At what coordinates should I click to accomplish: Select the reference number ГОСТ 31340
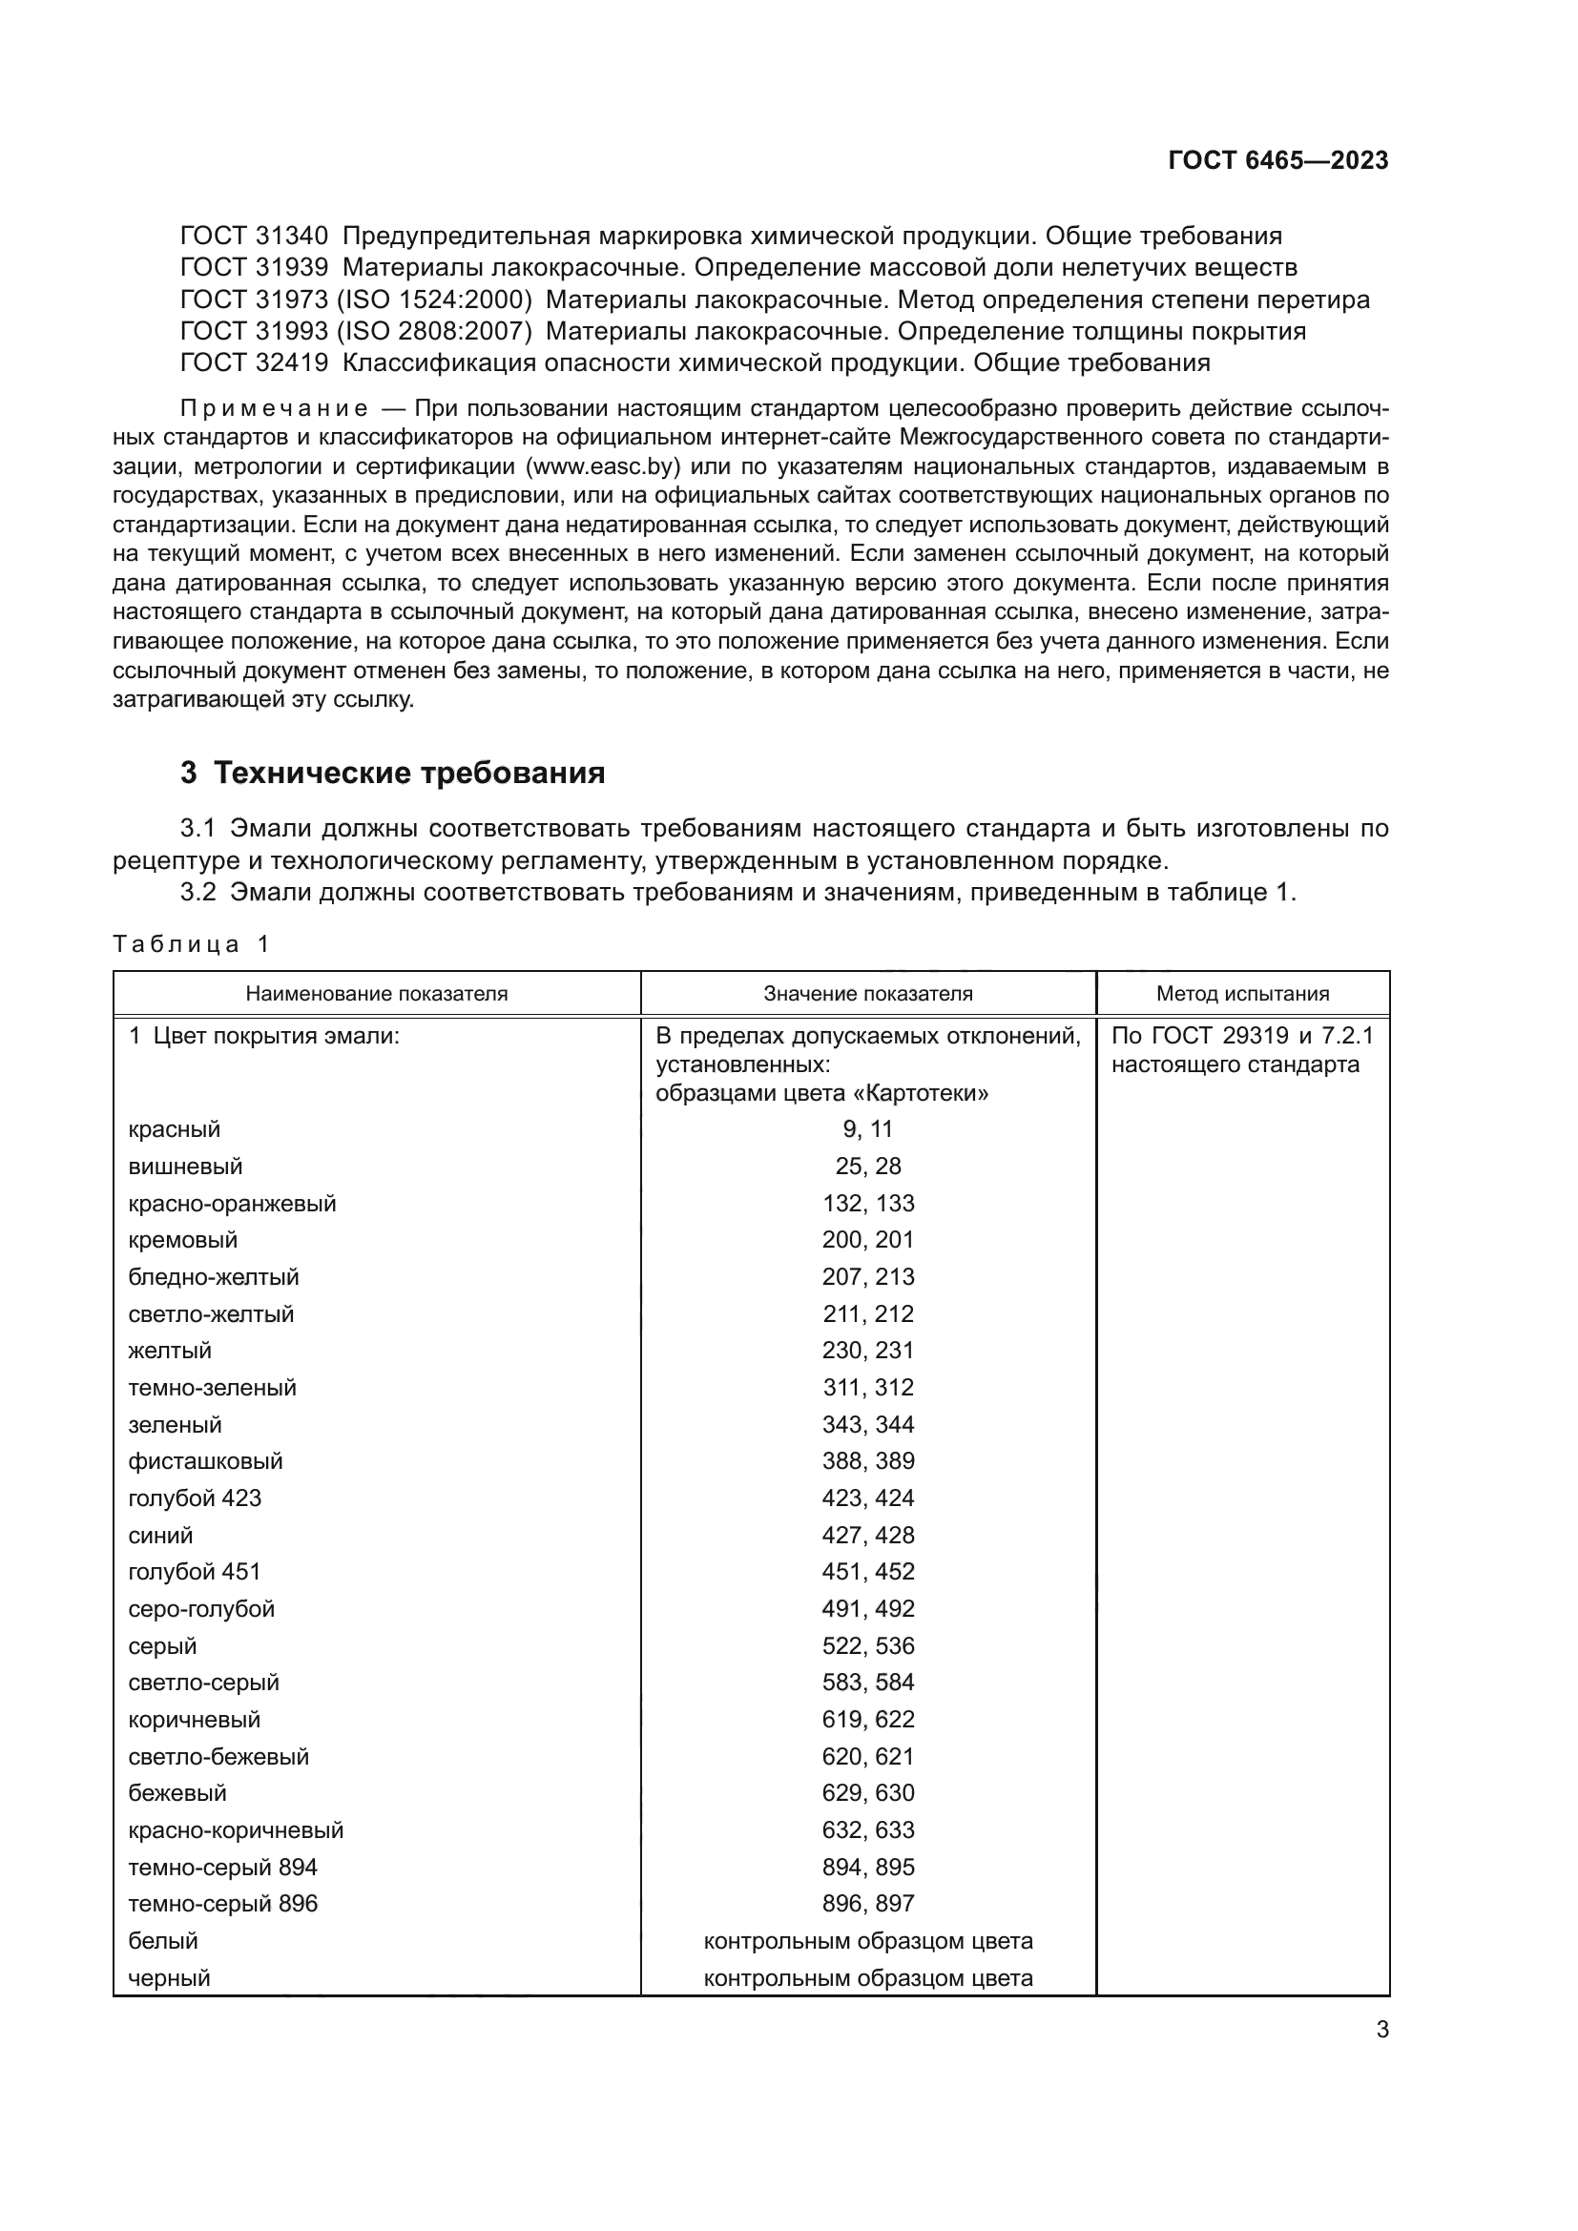tap(255, 237)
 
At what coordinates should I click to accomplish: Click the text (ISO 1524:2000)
tap(434, 300)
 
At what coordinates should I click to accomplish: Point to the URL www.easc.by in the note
tap(600, 466)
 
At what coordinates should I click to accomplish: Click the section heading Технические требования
tap(409, 774)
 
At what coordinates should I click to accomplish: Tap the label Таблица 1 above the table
tap(192, 944)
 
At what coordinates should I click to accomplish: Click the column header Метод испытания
tap(1242, 994)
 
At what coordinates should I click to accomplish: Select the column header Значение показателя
tap(867, 994)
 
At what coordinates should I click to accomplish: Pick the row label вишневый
tap(186, 1167)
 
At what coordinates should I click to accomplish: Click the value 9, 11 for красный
tap(867, 1130)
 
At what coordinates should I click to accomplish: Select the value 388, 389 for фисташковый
tap(867, 1461)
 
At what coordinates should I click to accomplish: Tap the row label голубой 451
tap(195, 1572)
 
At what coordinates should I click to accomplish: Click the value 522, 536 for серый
tap(867, 1646)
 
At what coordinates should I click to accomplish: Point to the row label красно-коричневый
tap(236, 1830)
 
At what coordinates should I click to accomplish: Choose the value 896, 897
tap(867, 1904)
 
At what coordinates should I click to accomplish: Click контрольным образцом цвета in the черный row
tap(867, 1978)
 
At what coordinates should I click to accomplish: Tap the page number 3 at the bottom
tap(1381, 2030)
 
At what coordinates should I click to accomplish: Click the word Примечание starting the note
tap(274, 408)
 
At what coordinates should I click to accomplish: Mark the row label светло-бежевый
tap(218, 1757)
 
